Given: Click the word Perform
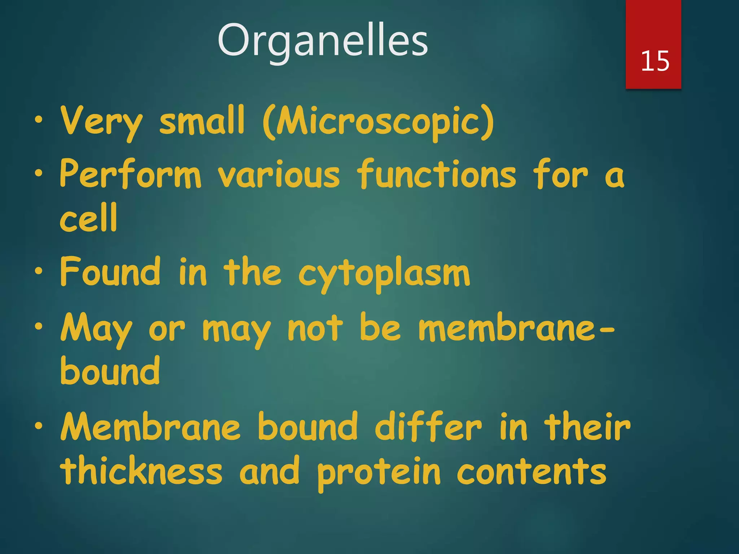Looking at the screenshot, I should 130,174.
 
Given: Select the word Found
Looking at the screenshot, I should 110,271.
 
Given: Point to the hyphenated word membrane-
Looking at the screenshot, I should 516,327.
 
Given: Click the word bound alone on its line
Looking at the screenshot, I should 110,371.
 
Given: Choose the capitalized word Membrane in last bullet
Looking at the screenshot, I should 150,427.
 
